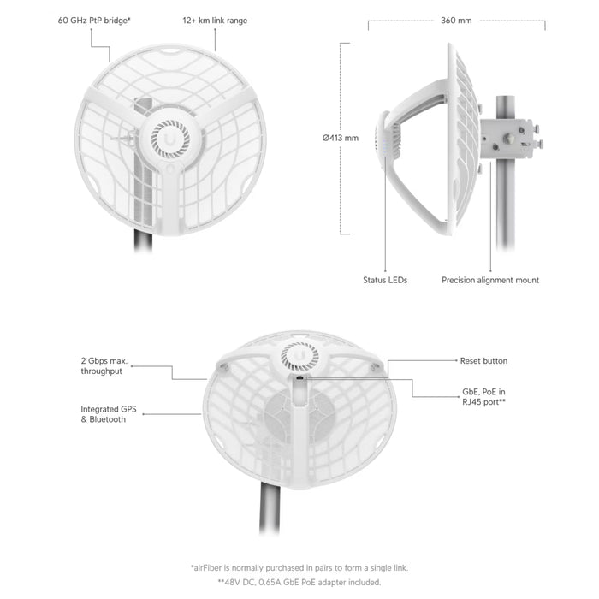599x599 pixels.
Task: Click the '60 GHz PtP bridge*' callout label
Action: [x=94, y=21]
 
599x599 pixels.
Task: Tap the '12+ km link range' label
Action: [x=215, y=21]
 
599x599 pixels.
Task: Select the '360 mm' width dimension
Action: [x=456, y=21]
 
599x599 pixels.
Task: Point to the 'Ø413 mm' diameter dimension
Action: [x=341, y=138]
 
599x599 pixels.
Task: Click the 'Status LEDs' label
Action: [x=385, y=280]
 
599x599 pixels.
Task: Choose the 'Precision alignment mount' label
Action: [x=490, y=280]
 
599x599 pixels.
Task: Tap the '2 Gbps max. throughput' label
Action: [x=104, y=366]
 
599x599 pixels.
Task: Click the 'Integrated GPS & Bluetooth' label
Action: [x=109, y=414]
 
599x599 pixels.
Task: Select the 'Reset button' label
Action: [x=483, y=360]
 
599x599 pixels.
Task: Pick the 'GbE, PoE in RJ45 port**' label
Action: [x=483, y=397]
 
